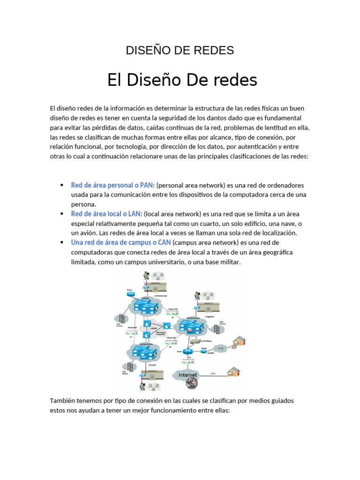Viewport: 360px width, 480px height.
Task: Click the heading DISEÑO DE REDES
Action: [x=180, y=51]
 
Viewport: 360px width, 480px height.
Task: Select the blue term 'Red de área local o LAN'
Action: [x=105, y=214]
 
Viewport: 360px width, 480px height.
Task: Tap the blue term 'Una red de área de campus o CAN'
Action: [x=121, y=243]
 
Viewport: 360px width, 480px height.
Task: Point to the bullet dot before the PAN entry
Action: [x=62, y=185]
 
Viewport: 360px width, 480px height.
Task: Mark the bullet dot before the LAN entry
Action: [x=62, y=214]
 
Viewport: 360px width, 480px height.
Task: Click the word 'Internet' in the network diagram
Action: [x=187, y=375]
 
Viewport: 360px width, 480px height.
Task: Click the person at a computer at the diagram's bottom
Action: [x=142, y=385]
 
